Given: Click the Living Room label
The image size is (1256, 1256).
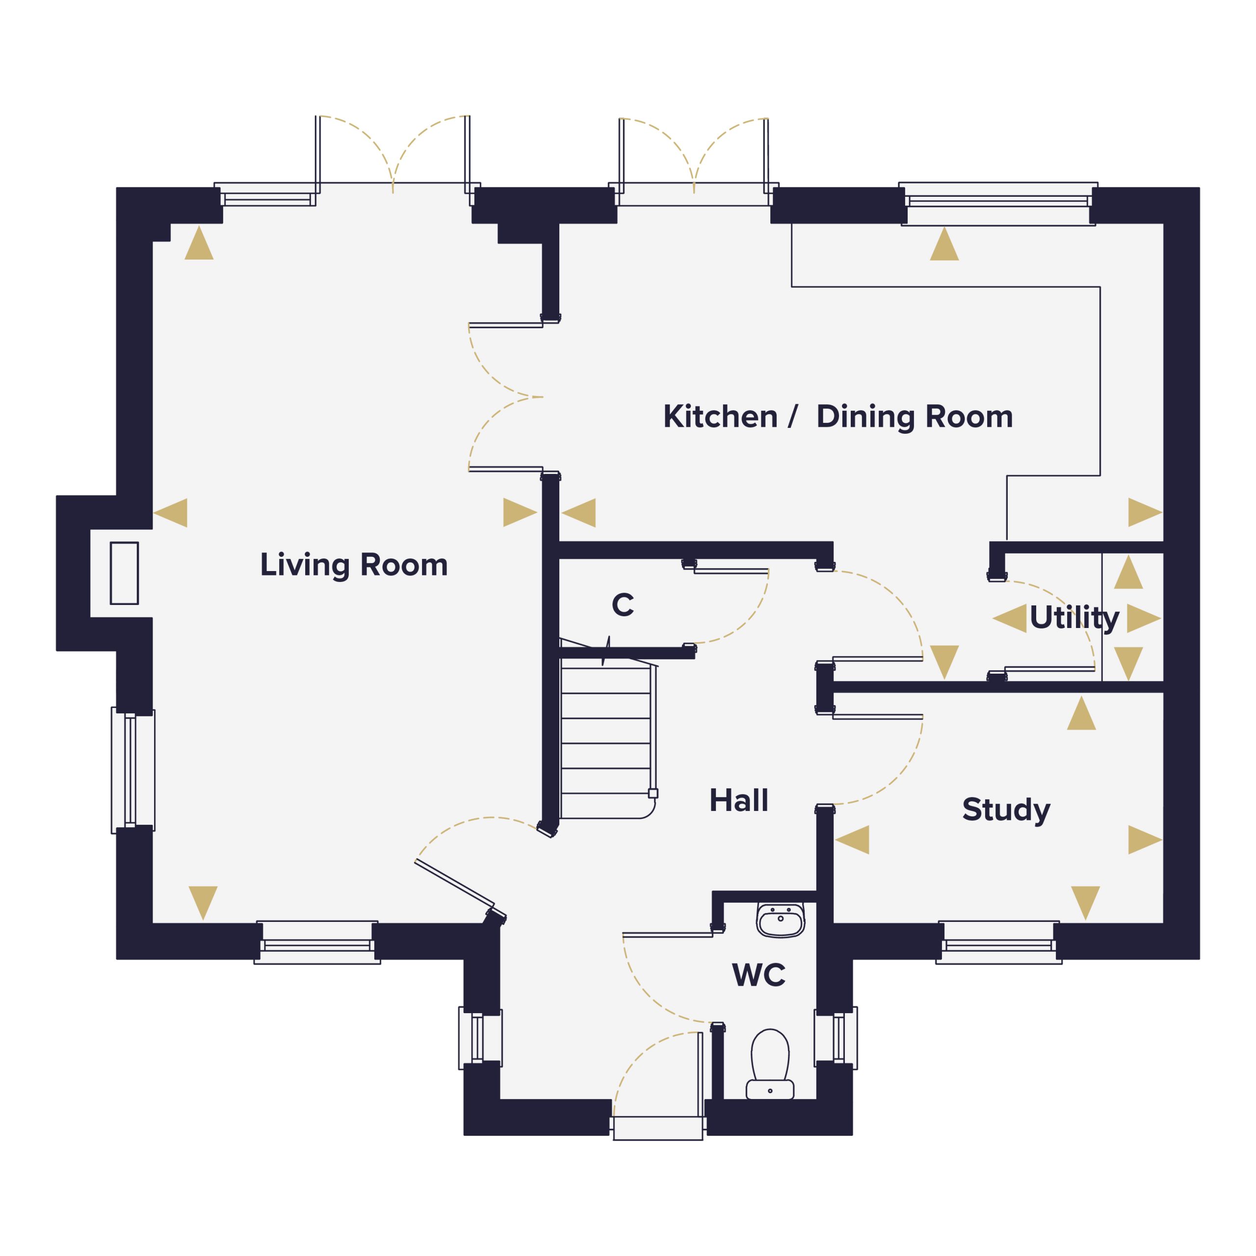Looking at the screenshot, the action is point(354,564).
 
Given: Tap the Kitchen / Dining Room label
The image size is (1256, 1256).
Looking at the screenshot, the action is point(838,417).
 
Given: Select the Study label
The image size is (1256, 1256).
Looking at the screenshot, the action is point(1006,810).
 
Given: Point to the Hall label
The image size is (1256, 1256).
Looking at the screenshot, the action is point(738,800).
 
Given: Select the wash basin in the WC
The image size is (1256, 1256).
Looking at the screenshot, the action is point(780,920).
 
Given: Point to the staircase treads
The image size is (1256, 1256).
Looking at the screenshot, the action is point(606,741).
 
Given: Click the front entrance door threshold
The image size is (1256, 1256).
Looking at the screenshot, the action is point(658,1128).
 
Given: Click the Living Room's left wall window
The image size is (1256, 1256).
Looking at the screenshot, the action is point(132,770).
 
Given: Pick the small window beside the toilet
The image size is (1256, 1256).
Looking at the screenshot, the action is point(836,1038).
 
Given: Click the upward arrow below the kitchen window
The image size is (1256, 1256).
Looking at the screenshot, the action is point(944,243).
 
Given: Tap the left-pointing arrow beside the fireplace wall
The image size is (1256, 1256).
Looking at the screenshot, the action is point(170,513).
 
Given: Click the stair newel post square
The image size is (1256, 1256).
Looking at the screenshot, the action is point(653,793).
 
